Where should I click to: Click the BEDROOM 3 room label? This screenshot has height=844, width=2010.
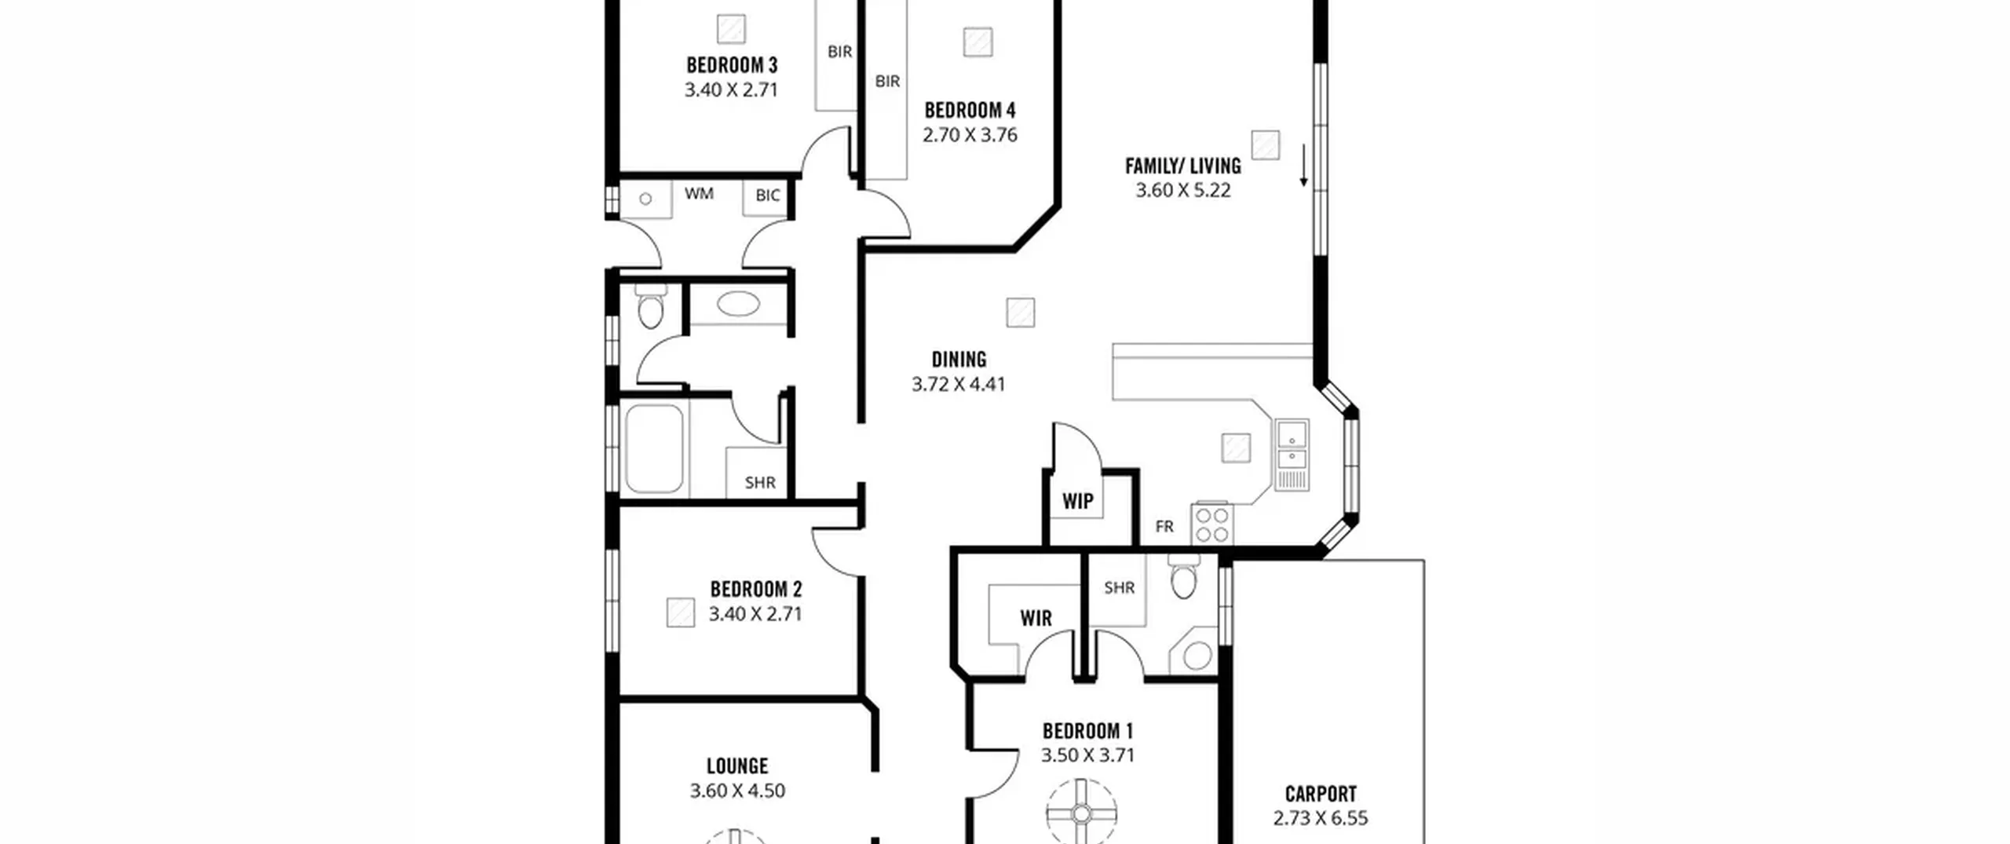click(732, 65)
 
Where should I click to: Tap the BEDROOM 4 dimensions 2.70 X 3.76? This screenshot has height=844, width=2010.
click(970, 135)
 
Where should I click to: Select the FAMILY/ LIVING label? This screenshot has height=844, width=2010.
click(1183, 166)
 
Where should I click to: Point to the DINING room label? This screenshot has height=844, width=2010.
click(959, 360)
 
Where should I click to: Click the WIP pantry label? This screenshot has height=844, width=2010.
click(1077, 502)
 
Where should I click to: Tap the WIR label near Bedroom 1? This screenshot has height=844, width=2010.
click(1036, 619)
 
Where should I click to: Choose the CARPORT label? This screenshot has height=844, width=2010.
click(1321, 794)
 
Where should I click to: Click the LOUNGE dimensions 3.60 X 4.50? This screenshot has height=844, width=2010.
click(737, 791)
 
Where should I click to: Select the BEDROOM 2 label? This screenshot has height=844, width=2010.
click(756, 589)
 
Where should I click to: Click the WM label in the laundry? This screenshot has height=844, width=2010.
click(699, 193)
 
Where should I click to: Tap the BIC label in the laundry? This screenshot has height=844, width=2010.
click(767, 195)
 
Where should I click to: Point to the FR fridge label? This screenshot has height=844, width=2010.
click(1164, 527)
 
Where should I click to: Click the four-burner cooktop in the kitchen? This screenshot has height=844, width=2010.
click(1212, 524)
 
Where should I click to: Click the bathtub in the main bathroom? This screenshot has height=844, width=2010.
click(654, 449)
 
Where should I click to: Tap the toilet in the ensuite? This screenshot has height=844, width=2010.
click(1183, 577)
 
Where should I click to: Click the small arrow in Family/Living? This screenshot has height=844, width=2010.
click(1303, 166)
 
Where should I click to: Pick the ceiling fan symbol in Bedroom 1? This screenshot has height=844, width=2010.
click(1081, 813)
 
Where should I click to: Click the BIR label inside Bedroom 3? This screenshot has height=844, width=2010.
click(839, 52)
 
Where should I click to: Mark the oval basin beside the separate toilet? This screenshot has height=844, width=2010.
click(738, 304)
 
